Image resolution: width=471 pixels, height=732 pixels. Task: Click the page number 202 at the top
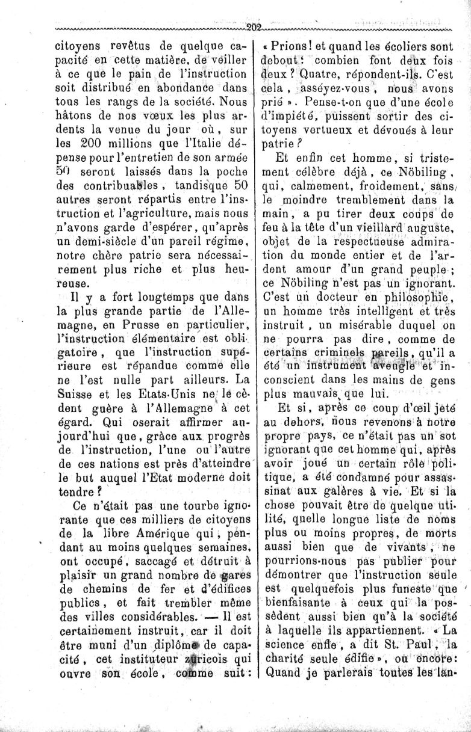point(252,26)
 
